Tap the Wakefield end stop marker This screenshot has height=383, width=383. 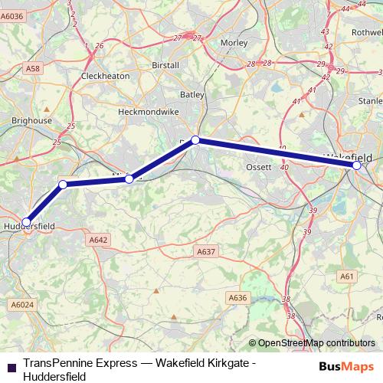point(357,165)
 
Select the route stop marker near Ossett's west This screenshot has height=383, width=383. point(195,139)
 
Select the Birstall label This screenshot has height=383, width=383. point(166,65)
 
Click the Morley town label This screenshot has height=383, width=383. point(234,44)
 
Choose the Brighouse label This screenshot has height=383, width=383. point(31,121)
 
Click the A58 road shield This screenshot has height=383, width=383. point(32,69)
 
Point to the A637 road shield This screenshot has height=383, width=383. point(206,251)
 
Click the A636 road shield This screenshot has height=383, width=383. point(238,297)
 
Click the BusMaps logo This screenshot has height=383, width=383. point(347,366)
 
